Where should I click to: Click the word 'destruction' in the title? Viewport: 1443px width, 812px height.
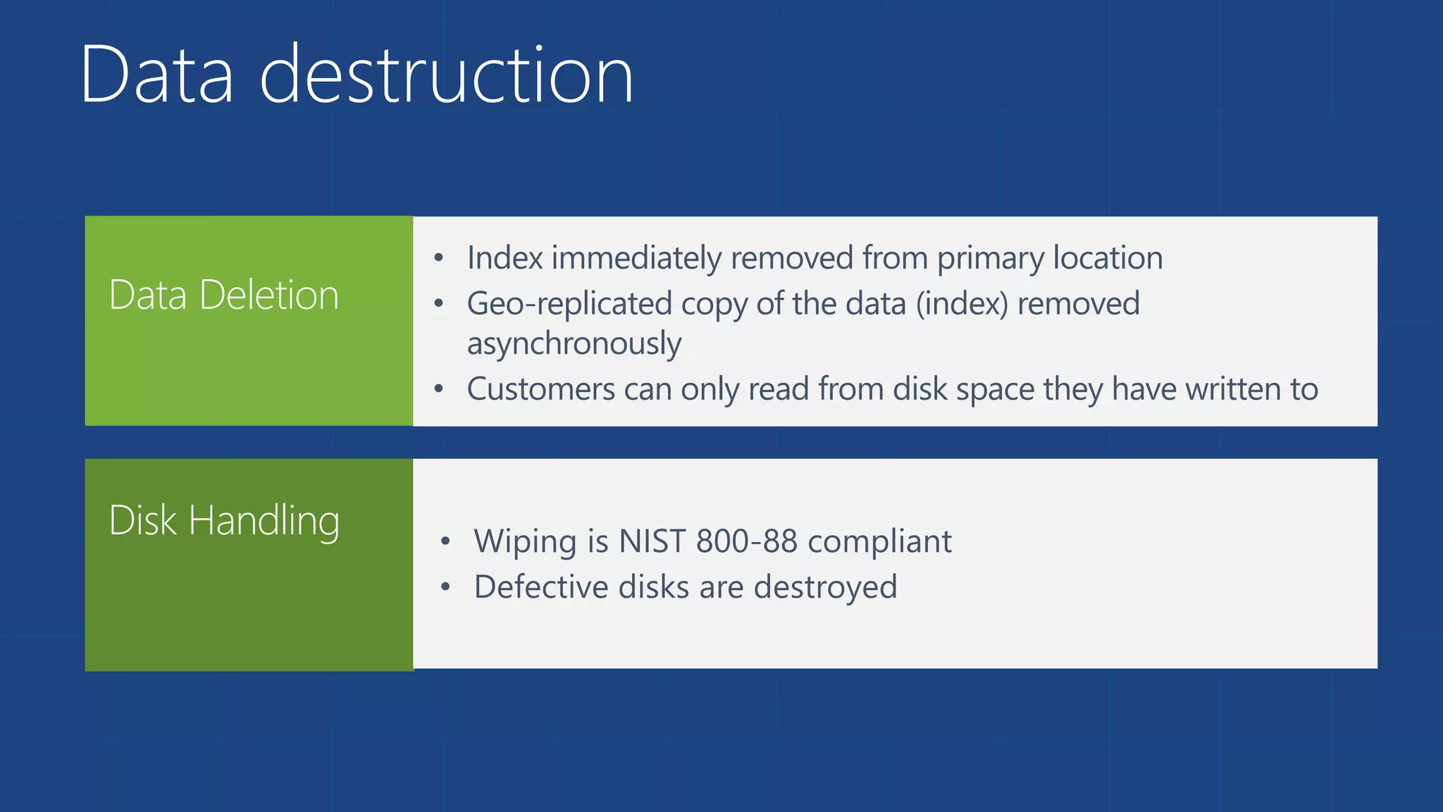[x=447, y=75]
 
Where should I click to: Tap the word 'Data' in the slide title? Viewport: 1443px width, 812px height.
[x=156, y=75]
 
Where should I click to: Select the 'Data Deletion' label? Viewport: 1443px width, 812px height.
[x=224, y=295]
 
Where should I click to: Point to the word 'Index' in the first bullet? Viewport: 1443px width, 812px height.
[x=504, y=258]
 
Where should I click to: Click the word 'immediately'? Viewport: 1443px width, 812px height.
[x=636, y=258]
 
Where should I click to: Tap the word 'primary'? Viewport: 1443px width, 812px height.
[x=990, y=258]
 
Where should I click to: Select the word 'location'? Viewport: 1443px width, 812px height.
[x=1108, y=258]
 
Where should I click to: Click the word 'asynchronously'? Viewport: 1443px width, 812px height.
[x=574, y=344]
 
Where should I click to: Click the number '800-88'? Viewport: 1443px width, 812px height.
[x=746, y=541]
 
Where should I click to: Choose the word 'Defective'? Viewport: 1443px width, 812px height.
[x=540, y=586]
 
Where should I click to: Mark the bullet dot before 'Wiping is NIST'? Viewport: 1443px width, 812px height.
[x=445, y=541]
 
